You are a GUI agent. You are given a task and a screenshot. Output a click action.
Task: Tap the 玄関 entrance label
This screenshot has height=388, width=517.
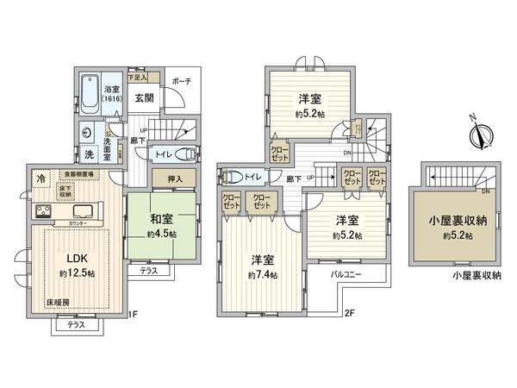tap(143, 97)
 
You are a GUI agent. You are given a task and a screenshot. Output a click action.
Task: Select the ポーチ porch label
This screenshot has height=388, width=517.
tap(180, 81)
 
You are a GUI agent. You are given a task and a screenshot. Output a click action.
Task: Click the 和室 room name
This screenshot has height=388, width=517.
tap(161, 219)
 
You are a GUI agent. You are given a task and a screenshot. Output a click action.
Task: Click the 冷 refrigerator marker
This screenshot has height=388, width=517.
tap(41, 179)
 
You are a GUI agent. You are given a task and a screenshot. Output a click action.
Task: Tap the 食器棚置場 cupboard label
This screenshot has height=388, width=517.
tap(78, 174)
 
